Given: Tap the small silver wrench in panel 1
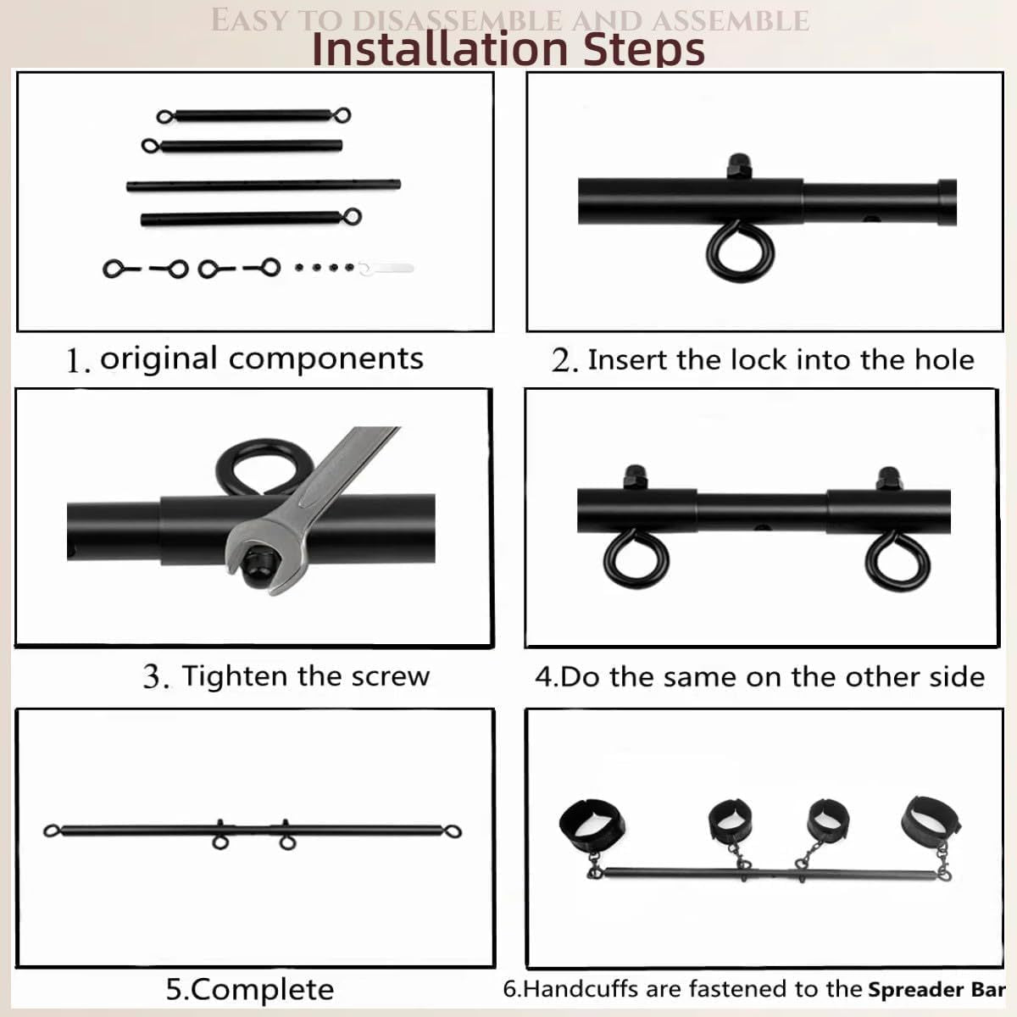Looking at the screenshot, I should click(387, 269).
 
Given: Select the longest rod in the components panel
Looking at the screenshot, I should click(263, 185).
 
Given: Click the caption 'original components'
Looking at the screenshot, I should click(261, 358).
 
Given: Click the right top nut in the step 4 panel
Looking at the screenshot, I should click(888, 477).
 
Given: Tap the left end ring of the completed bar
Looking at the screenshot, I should click(53, 831).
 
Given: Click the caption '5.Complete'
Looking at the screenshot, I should click(249, 989).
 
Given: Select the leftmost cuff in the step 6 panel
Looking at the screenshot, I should click(592, 823).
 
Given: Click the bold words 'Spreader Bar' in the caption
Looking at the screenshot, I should click(936, 989).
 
